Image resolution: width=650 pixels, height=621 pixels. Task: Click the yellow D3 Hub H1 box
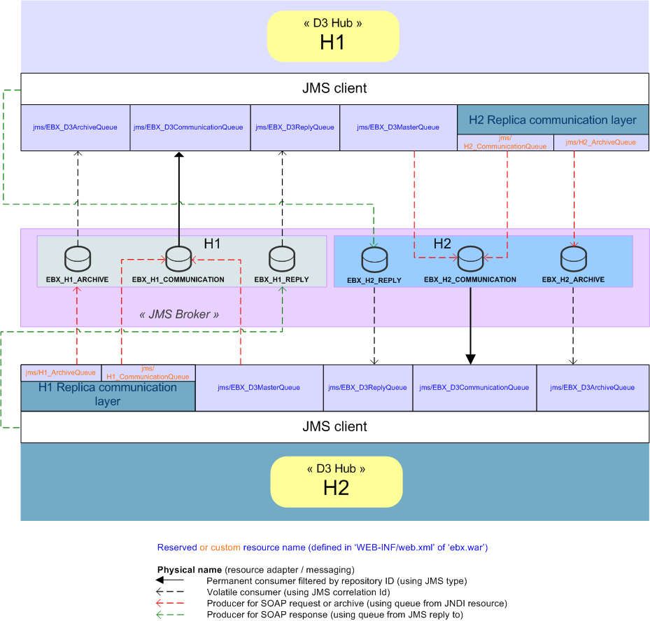point(332,36)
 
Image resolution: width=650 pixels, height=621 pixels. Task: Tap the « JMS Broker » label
point(179,314)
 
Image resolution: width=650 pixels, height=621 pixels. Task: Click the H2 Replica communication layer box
point(552,120)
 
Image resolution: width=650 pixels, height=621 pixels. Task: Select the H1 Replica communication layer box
point(108,395)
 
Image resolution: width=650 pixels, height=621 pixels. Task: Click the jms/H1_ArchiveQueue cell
point(62,372)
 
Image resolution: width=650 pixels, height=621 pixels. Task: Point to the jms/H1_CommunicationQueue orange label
point(148,372)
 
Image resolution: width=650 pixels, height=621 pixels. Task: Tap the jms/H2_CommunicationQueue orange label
point(504,143)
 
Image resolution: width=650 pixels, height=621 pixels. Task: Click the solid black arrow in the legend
point(170,580)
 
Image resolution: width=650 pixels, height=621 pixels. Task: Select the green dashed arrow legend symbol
point(170,614)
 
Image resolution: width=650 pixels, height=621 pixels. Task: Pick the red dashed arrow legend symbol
point(170,603)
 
